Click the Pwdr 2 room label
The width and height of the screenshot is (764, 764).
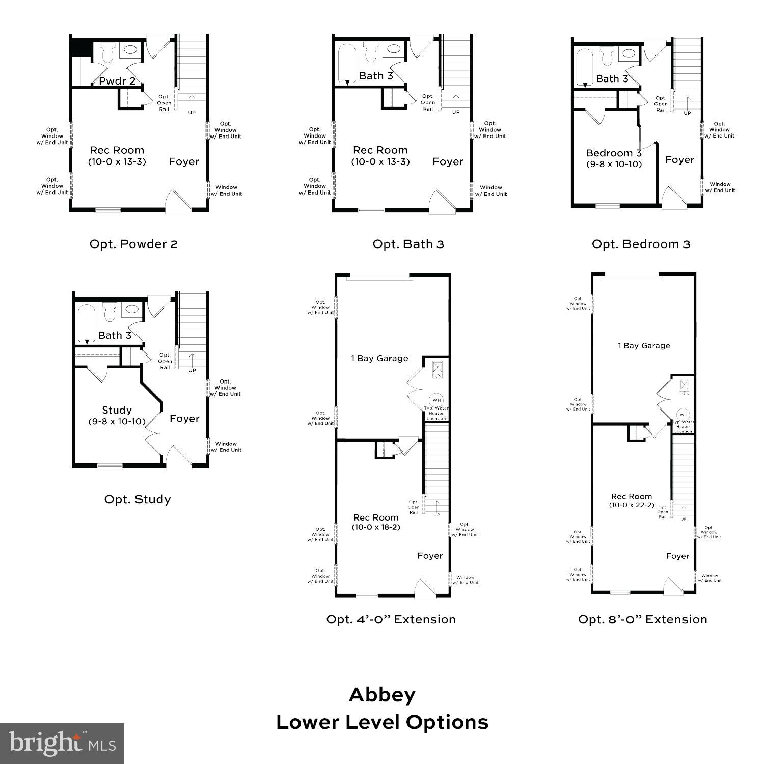point(117,81)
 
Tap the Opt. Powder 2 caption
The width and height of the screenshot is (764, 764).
point(133,244)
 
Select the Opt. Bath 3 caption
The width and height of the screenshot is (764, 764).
point(408,244)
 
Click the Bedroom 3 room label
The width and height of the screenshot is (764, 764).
point(614,153)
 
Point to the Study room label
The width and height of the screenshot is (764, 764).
point(117,410)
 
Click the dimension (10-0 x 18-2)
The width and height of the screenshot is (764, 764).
point(376,527)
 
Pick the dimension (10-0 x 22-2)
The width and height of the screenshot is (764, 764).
point(632,505)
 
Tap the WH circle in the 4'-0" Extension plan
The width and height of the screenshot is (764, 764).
point(436,400)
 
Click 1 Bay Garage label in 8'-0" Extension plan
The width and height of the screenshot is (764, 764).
point(644,346)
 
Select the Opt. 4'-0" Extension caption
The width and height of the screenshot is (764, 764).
point(391,619)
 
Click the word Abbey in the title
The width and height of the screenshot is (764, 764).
point(382,695)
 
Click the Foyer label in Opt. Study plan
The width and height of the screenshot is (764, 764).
point(184,418)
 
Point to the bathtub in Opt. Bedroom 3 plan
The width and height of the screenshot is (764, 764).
point(584,67)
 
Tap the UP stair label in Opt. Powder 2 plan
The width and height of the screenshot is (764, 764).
point(192,112)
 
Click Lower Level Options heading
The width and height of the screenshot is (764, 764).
point(382,722)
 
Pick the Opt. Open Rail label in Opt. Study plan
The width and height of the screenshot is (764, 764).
point(165,361)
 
